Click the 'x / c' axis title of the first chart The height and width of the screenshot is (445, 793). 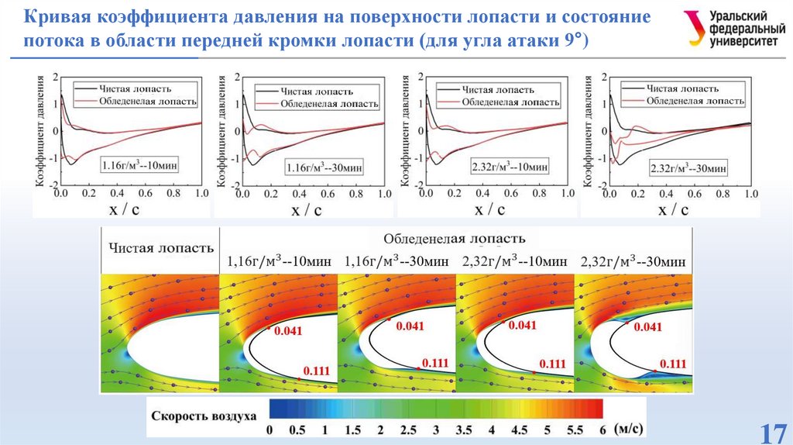pyautogui.click(x=118, y=209)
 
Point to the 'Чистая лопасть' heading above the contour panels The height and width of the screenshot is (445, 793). pyautogui.click(x=160, y=249)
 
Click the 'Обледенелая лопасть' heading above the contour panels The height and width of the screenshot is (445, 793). pyautogui.click(x=454, y=238)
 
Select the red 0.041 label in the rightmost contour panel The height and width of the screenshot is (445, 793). pyautogui.click(x=647, y=328)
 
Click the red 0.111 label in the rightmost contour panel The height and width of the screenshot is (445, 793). pyautogui.click(x=672, y=364)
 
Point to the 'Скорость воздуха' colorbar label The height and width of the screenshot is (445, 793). pyautogui.click(x=204, y=416)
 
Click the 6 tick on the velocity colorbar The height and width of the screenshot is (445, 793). pyautogui.click(x=602, y=429)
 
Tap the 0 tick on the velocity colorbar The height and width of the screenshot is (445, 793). pyautogui.click(x=269, y=429)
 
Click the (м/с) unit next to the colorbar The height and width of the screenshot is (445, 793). pyautogui.click(x=627, y=428)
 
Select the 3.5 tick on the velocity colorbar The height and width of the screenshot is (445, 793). pyautogui.click(x=463, y=429)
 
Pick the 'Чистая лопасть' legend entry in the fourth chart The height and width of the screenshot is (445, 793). pyautogui.click(x=677, y=88)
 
